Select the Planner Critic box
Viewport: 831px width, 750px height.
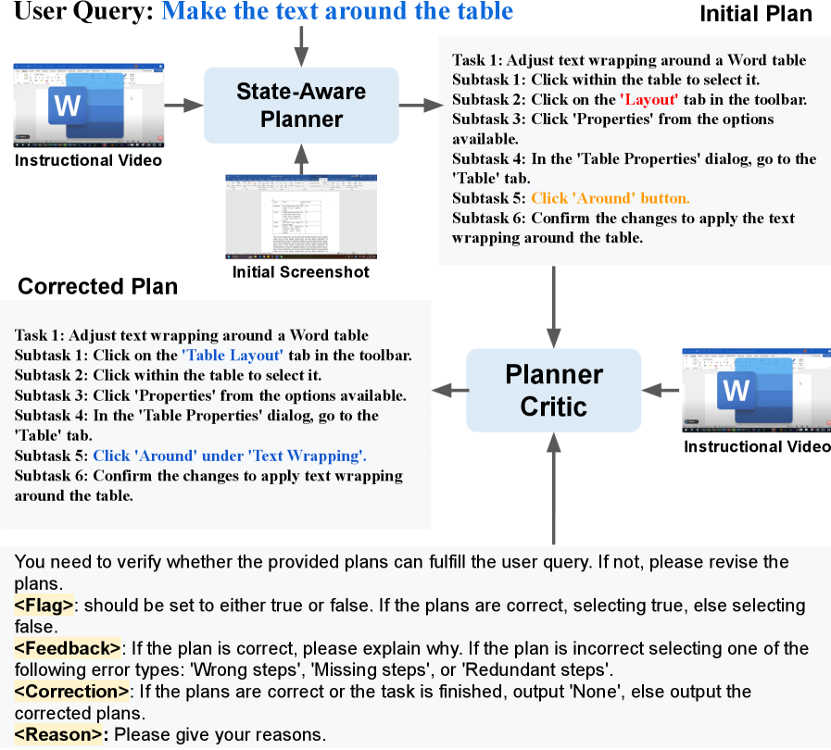coord(553,390)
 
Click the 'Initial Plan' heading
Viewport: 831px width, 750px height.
coord(755,14)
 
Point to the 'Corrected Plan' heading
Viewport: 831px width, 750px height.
coord(98,286)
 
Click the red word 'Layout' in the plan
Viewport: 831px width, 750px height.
coord(648,99)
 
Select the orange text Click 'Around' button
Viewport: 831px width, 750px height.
coord(610,197)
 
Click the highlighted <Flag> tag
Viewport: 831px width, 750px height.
coord(44,605)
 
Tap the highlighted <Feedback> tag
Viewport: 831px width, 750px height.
coord(68,648)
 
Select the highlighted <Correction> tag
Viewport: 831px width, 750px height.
coord(71,692)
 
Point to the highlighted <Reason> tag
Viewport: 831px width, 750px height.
coord(62,735)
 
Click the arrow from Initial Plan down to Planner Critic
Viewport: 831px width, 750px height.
coord(553,306)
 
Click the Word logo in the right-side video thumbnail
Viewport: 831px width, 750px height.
coord(737,390)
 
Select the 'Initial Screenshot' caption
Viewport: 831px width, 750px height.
coord(300,272)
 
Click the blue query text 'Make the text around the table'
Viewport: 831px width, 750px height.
coord(337,12)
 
